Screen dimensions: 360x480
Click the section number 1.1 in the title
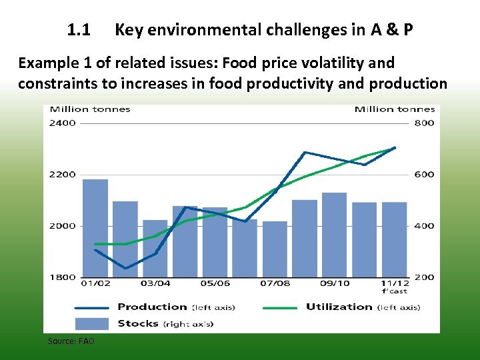tap(79, 30)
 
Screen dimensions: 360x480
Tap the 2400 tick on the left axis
tap(63, 123)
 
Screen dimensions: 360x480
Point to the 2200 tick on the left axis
tap(63, 175)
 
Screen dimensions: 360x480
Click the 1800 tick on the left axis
tap(63, 277)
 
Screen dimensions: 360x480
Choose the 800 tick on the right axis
tap(425, 123)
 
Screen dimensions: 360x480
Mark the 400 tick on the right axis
tap(425, 226)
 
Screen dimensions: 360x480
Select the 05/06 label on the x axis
tap(215, 284)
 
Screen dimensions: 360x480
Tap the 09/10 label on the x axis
tap(334, 284)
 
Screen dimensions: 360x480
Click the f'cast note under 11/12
tap(394, 291)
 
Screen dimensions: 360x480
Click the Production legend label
tap(152, 307)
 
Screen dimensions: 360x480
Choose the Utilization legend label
tap(339, 307)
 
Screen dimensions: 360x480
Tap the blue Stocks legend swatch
tap(92, 324)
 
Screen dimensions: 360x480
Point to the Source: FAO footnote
tap(71, 341)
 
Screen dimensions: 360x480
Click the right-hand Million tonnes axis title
tap(394, 109)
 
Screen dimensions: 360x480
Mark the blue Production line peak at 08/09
tap(305, 153)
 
